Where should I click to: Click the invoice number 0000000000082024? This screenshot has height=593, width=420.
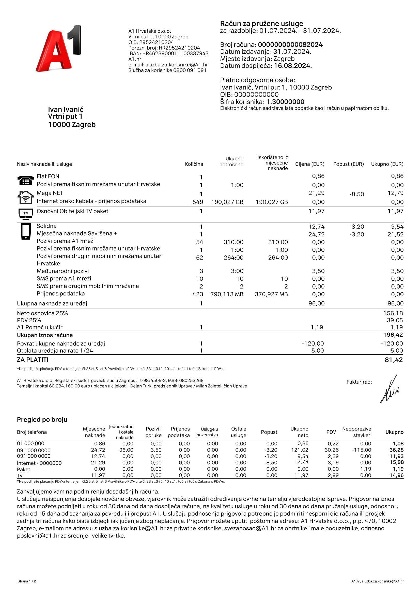(x=290, y=45)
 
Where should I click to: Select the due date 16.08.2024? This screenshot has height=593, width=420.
(x=293, y=66)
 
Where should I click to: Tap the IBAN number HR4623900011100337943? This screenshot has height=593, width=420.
(x=175, y=53)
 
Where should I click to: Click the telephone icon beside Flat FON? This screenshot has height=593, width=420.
(x=26, y=181)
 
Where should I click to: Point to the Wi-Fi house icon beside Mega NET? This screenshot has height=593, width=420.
(x=26, y=197)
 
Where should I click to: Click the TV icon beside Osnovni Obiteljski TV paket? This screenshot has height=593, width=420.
(x=26, y=214)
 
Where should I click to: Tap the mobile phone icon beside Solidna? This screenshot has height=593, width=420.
(x=26, y=231)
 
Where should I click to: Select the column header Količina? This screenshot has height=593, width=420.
(x=194, y=164)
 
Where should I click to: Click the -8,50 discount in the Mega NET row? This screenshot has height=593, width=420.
(x=356, y=194)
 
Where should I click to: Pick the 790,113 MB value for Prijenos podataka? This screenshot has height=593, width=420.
(x=227, y=294)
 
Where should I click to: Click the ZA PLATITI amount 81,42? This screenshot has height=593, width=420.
(x=393, y=360)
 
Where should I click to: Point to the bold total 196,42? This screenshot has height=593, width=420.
(x=393, y=335)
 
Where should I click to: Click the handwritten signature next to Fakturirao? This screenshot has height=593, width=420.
(x=390, y=389)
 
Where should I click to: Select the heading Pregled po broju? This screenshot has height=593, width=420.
(x=42, y=420)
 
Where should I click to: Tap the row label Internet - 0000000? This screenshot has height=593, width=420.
(x=39, y=463)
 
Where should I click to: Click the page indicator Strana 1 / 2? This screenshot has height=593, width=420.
(x=27, y=581)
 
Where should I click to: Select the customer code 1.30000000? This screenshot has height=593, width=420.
(x=285, y=102)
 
